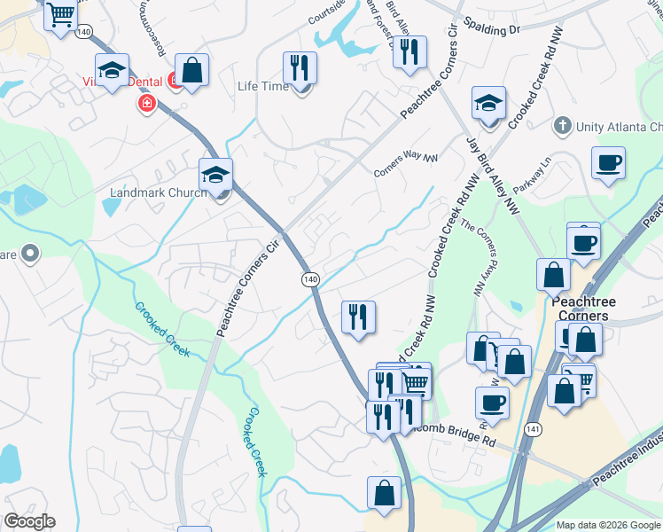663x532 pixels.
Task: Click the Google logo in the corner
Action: point(29,521)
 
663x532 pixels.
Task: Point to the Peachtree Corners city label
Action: point(580,309)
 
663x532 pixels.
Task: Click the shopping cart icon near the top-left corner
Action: point(60,15)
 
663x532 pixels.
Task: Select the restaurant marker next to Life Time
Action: point(300,67)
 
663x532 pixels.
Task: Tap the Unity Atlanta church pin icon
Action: point(560,127)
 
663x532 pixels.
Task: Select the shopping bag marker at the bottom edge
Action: point(384,494)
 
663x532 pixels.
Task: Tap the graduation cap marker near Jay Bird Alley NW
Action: point(487,104)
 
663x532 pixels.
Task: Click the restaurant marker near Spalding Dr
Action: point(409,52)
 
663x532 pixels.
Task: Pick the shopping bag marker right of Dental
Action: point(191,70)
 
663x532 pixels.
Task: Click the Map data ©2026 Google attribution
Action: point(607,525)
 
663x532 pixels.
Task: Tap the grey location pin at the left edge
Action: point(29,254)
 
